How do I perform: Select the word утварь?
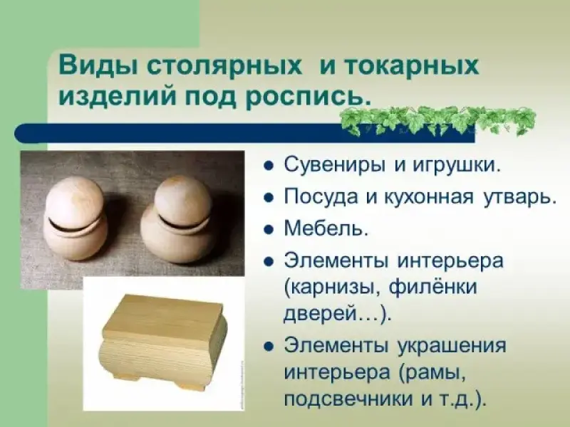[520, 198]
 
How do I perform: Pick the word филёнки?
[432, 288]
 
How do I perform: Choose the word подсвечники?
[350, 399]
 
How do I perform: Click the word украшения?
[452, 346]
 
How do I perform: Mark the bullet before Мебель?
[269, 230]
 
